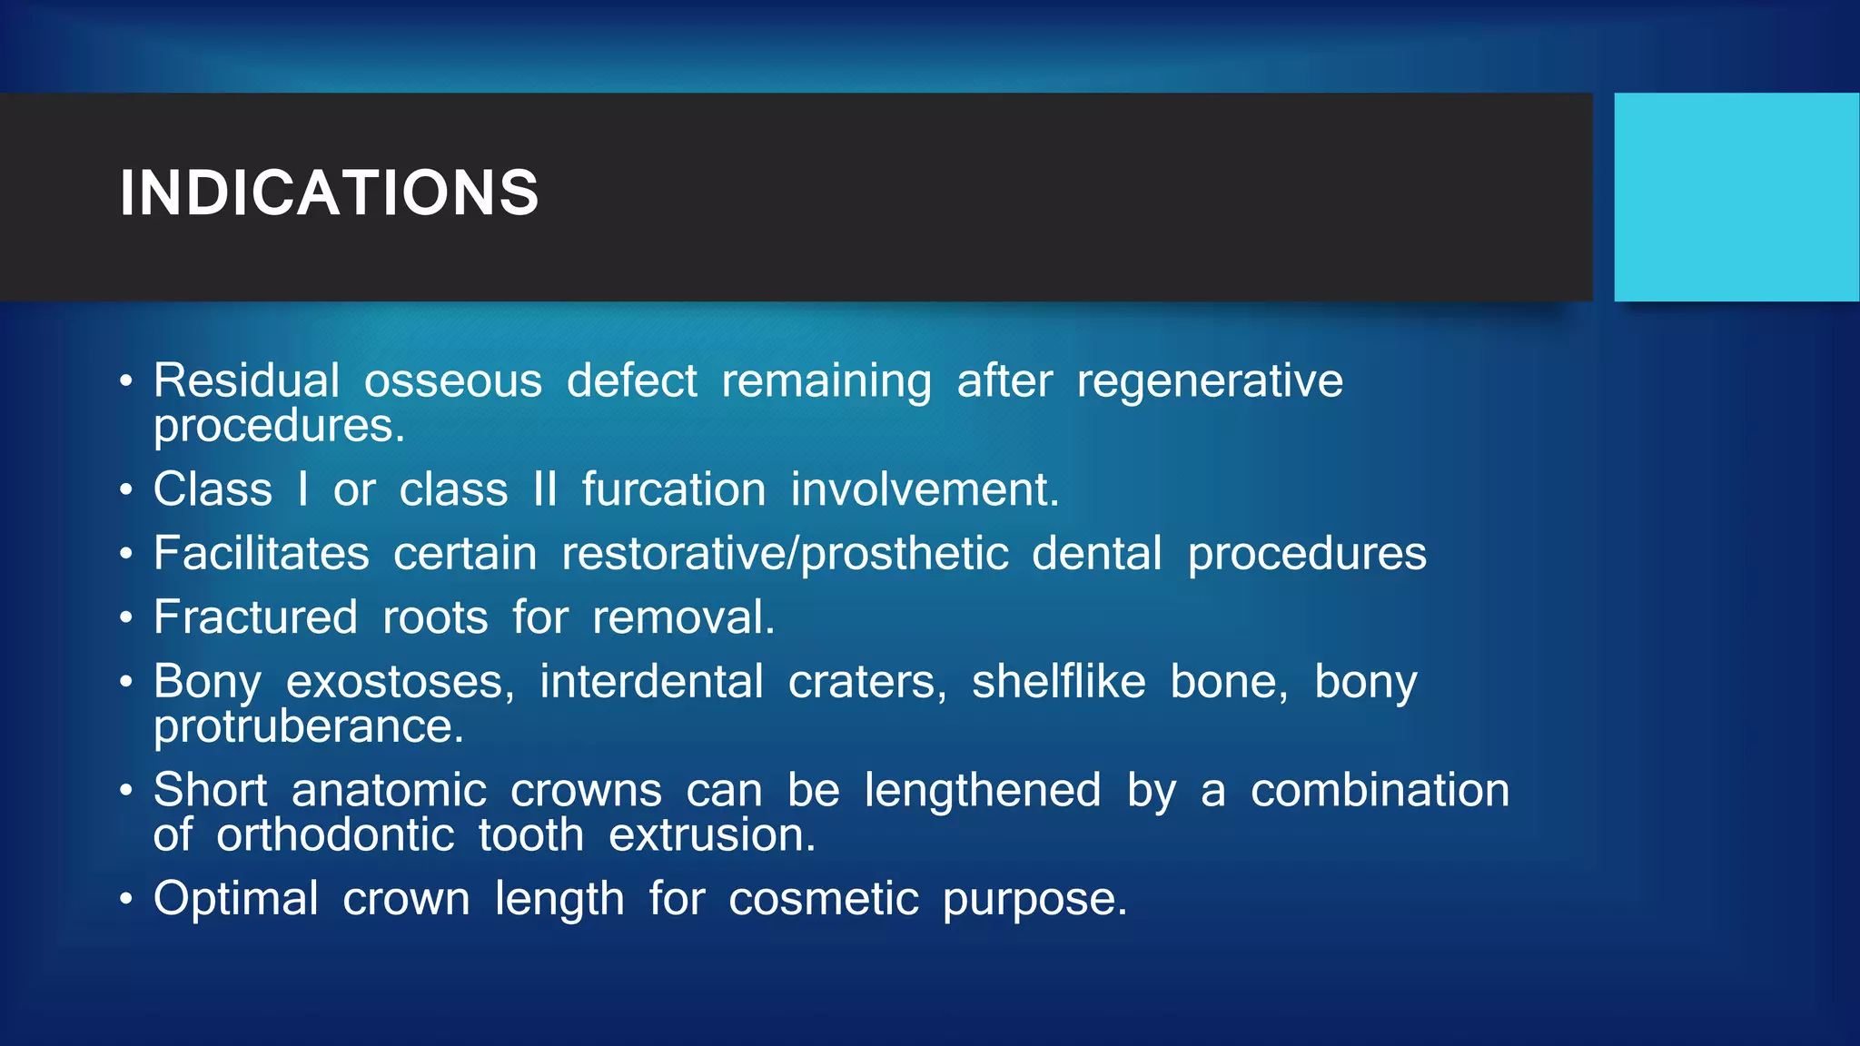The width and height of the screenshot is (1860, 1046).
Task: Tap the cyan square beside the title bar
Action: [1736, 197]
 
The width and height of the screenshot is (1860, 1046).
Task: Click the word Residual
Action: [246, 380]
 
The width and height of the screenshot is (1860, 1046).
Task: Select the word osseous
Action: [452, 380]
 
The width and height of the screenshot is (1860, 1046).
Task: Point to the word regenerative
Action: [1209, 382]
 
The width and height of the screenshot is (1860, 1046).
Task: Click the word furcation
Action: [674, 489]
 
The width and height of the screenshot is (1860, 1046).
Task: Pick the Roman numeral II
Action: [545, 489]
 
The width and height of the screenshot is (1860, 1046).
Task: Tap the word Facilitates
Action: [262, 553]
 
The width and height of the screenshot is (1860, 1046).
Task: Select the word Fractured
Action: [255, 617]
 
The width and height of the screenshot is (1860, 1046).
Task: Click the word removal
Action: [683, 617]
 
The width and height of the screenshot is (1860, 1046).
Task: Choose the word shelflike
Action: [1058, 682]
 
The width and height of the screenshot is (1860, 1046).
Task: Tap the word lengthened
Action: [982, 791]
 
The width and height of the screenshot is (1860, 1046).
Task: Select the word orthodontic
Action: [335, 835]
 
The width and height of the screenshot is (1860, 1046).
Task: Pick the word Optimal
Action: [236, 900]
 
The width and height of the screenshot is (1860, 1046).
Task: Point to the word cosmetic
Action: [823, 900]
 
